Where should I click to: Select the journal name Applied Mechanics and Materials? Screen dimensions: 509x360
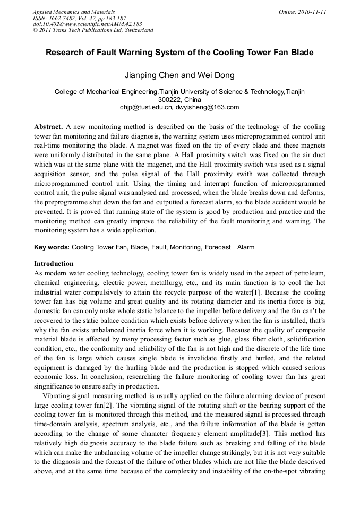[74, 12]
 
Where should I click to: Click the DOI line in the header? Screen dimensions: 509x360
[87, 24]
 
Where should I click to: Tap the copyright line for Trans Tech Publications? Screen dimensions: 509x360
[93, 30]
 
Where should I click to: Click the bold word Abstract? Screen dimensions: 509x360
[48, 127]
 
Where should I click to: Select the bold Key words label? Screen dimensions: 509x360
[52, 247]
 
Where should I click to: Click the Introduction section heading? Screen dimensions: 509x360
[54, 264]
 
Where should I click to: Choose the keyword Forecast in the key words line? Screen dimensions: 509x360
[218, 247]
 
